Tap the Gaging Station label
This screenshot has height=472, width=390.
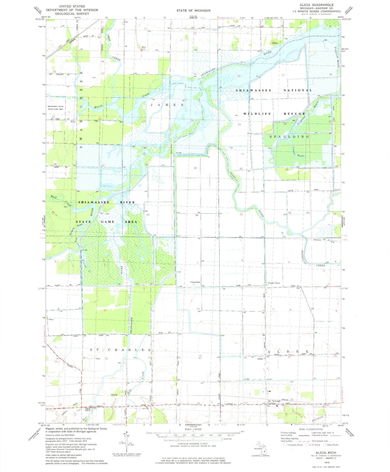click(88, 409)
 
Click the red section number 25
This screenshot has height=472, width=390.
click(195, 168)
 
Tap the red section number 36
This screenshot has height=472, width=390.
click(197, 215)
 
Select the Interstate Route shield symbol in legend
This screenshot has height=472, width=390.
click(285, 445)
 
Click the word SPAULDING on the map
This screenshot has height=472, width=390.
click(289, 136)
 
